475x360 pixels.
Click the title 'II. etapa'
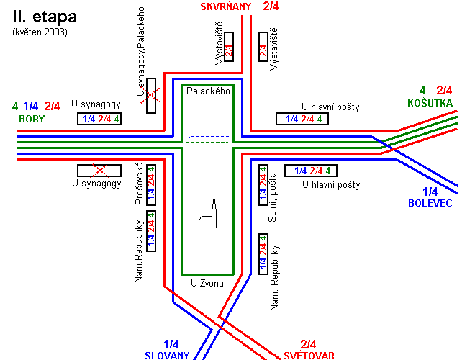[x=44, y=17]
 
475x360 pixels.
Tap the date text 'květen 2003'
[x=40, y=32]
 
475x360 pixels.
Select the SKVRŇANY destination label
[x=226, y=6]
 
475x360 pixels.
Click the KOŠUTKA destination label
[x=430, y=103]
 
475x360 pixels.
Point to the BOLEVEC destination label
[x=430, y=204]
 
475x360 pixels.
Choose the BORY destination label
[x=32, y=119]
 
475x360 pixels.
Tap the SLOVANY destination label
[x=167, y=355]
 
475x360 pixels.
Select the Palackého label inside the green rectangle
[x=208, y=91]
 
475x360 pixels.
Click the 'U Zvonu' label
[x=207, y=283]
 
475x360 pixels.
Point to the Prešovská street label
[x=140, y=184]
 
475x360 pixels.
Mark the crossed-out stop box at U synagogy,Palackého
[x=151, y=95]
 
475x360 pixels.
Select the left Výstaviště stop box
[x=229, y=47]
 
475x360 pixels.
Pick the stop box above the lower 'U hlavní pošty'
[x=311, y=171]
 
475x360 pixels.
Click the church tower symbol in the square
[x=207, y=214]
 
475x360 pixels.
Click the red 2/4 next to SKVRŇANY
[x=271, y=6]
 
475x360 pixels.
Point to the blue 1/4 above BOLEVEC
[x=430, y=192]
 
